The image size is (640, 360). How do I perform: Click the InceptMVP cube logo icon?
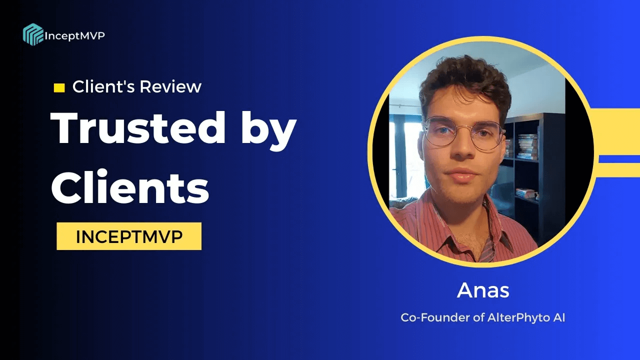tap(33, 34)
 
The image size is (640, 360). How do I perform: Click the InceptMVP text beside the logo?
tap(75, 35)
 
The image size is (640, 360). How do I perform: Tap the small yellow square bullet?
tap(59, 88)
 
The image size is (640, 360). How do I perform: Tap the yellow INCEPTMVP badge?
tap(129, 236)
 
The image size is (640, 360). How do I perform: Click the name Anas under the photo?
tap(483, 291)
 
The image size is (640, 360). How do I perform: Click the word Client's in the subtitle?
tap(103, 87)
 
